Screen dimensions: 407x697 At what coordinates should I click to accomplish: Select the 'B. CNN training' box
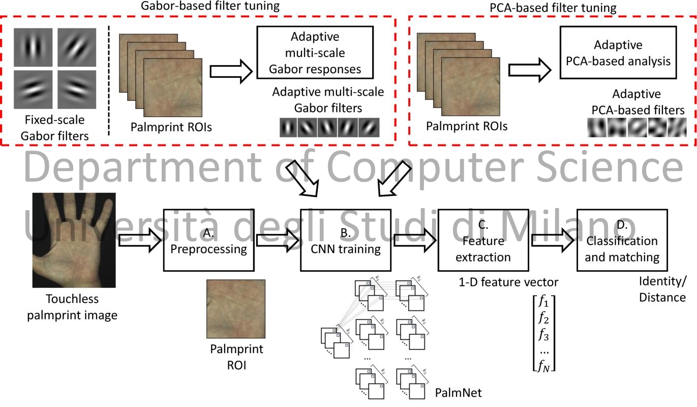pyautogui.click(x=346, y=240)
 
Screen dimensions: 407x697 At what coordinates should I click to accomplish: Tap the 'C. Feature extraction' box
pyautogui.click(x=483, y=240)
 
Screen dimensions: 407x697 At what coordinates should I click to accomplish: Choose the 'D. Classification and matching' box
pyautogui.click(x=622, y=240)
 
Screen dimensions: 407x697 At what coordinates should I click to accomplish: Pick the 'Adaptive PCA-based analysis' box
pyautogui.click(x=618, y=52)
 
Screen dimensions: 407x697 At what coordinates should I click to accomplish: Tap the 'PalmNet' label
pyautogui.click(x=458, y=392)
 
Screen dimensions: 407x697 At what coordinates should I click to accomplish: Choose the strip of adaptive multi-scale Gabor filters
pyautogui.click(x=329, y=127)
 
